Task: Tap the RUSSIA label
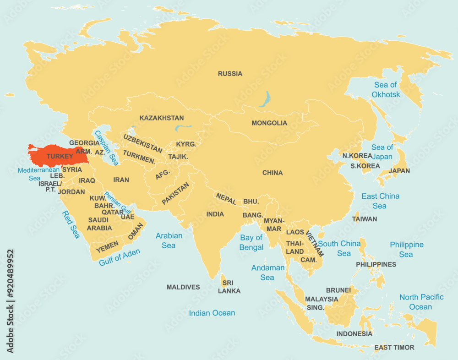coord(230,74)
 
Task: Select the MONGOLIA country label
coord(269,123)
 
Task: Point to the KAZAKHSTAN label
coord(161,118)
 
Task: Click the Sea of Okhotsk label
coord(386,90)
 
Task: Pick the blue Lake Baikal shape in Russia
coord(265,98)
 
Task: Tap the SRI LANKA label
coord(229,287)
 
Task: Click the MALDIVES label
coord(183,287)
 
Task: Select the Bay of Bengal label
coord(251,242)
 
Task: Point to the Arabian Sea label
coord(169,240)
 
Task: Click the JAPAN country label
coord(399,171)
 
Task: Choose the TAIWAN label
coord(365,219)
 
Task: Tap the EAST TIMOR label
coord(394,348)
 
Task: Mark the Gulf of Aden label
coord(120,257)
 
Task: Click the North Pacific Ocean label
coord(421,302)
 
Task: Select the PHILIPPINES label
coord(376,264)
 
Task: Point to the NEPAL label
coord(226,199)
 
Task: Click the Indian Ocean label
coord(212,313)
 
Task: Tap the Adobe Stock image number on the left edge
coord(10,301)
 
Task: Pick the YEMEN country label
coord(107,246)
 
